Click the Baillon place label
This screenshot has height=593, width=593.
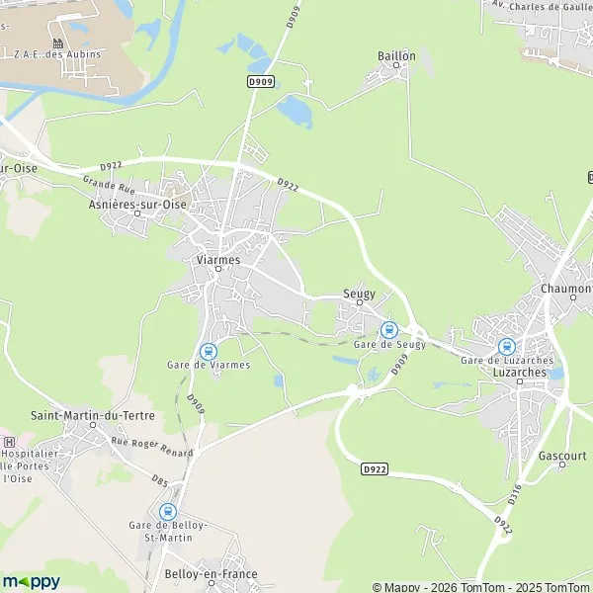396,56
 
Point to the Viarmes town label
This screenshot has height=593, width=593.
218,259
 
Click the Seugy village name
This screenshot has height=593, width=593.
359,293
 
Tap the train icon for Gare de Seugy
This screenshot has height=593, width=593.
388,329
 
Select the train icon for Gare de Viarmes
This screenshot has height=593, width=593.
209,351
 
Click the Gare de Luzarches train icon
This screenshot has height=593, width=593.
507,346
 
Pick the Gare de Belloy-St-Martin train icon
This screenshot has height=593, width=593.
167,512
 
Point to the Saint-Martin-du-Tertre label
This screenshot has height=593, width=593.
93,416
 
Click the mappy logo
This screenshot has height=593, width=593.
31,581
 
